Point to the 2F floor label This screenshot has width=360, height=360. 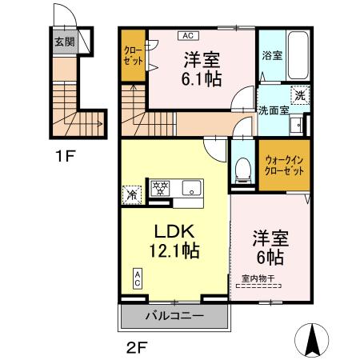(138, 347)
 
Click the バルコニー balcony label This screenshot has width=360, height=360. (174, 316)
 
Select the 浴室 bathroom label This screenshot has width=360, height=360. (272, 56)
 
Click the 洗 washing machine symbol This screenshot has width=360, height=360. (299, 94)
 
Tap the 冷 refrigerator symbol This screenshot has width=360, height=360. (131, 194)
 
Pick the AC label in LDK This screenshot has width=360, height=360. (137, 278)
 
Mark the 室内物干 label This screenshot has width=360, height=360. (258, 278)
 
